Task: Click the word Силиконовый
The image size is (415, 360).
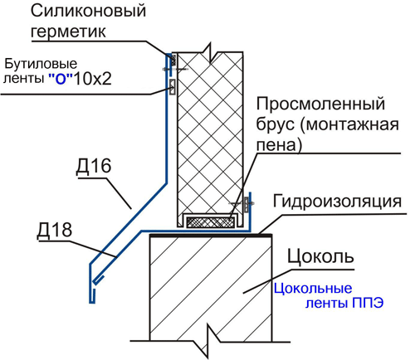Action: point(88,12)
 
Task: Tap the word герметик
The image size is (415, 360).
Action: point(68,31)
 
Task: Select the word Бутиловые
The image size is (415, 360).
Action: point(41,64)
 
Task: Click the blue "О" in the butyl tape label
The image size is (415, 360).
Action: point(61,79)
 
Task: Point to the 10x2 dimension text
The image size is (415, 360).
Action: point(93,78)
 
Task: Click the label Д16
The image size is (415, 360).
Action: point(94,167)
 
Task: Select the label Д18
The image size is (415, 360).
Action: point(55,230)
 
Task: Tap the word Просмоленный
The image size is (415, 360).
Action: point(320,104)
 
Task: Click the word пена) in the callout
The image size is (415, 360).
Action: point(279,145)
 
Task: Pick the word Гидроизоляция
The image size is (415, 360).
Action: point(337,201)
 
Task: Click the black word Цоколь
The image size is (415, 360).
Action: point(320,256)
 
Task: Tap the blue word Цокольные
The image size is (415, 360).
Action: point(313,289)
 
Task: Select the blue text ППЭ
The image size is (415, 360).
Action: point(368,303)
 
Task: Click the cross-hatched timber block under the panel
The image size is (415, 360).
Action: point(211,222)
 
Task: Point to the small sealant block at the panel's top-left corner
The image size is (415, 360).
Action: point(173,59)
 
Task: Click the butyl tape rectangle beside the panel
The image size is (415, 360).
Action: point(173,87)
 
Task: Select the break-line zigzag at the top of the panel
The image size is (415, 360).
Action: point(211,52)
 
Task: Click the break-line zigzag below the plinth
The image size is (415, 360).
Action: point(207,341)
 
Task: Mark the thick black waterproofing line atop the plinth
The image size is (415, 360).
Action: point(211,236)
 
